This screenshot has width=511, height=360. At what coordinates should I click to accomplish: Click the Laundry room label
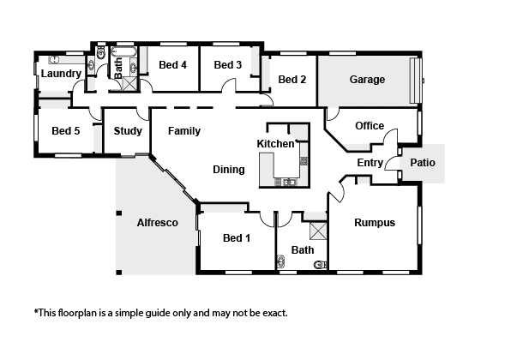coord(61,74)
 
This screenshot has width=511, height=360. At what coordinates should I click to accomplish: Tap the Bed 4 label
coord(172,65)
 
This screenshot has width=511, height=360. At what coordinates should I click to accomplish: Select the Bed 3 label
coord(228,65)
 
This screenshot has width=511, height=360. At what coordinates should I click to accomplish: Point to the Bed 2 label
coord(292,79)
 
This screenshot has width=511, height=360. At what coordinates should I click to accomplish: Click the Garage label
coord(367,80)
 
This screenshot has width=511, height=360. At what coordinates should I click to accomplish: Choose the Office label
coord(370,125)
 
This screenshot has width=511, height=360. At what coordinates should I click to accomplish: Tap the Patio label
coord(423,162)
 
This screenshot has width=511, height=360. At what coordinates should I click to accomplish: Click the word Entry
coord(370,163)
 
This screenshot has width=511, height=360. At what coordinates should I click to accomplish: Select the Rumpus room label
coord(375,223)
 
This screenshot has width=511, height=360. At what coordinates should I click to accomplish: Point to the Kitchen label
coord(275,144)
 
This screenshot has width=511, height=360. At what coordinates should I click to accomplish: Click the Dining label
coord(228,170)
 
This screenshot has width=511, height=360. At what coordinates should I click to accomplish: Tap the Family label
coord(184,131)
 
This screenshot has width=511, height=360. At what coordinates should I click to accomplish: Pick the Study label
coord(128,131)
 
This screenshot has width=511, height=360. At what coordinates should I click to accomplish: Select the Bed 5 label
coord(65,130)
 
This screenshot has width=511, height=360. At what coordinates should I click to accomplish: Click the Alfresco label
coord(158,223)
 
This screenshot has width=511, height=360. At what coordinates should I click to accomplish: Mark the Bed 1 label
coord(237,237)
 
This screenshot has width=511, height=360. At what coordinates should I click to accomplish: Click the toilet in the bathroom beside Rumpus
coord(321,264)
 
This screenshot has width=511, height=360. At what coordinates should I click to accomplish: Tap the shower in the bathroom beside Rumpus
coord(318,231)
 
